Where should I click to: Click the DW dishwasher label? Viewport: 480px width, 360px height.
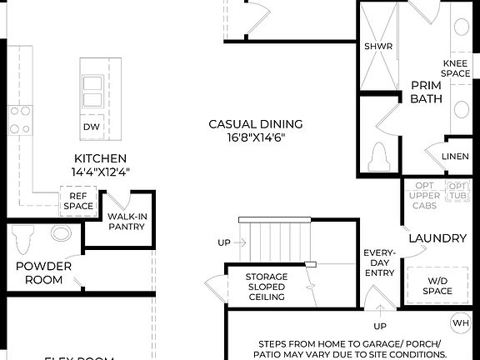[92, 127]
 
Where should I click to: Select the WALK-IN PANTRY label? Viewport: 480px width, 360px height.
[127, 221]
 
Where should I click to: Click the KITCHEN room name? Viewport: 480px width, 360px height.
[100, 158]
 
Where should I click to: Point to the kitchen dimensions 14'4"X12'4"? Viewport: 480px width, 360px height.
[100, 172]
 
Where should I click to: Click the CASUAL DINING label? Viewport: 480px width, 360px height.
[255, 125]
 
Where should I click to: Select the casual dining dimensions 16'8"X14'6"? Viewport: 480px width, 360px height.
[255, 138]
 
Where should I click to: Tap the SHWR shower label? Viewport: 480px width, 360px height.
[378, 47]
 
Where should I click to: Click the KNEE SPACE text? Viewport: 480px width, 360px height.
[456, 68]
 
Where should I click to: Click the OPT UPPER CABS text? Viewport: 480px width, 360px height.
[424, 196]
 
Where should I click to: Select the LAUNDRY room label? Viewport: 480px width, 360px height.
[437, 238]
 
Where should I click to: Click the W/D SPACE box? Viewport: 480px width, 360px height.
[437, 286]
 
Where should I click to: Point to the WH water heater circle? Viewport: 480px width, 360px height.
[460, 322]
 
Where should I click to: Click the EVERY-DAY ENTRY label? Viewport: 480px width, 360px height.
[380, 263]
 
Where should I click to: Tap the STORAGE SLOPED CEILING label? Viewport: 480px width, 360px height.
[266, 287]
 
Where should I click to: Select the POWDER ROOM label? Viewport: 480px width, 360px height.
[43, 272]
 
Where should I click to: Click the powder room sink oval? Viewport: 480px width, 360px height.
[61, 233]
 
